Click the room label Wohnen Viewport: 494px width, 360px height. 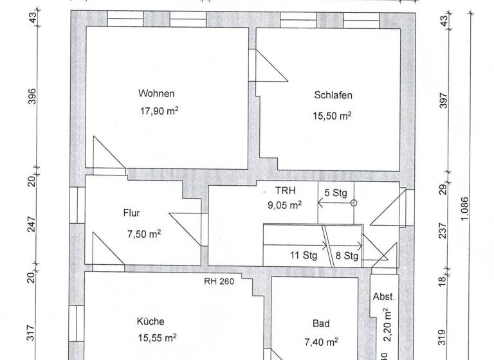156,94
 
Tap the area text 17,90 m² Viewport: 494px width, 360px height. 158,111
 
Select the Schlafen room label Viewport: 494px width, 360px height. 333,95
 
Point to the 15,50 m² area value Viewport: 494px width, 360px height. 332,116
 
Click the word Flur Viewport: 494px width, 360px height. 132,213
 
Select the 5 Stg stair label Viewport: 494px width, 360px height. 336,192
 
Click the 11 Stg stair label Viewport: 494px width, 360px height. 304,255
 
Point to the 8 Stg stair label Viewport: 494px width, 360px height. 347,255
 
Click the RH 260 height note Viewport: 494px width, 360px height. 219,281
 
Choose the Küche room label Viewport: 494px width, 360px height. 151,321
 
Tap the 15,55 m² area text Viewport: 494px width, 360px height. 157,337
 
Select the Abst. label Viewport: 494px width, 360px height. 384,297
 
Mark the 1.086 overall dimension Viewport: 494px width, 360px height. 464,208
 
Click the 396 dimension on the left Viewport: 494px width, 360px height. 33,95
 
